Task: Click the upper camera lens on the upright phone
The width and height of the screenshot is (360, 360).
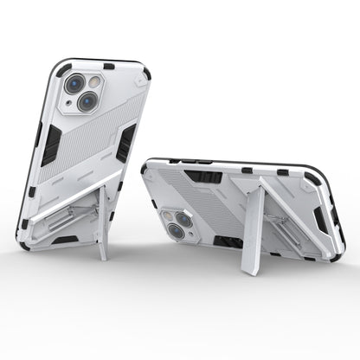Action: click(x=75, y=84)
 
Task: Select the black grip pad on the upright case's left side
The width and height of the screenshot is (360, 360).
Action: click(x=49, y=144)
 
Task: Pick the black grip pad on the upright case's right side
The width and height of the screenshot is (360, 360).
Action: click(x=125, y=142)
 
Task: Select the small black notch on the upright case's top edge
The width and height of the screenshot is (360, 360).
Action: click(x=107, y=66)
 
